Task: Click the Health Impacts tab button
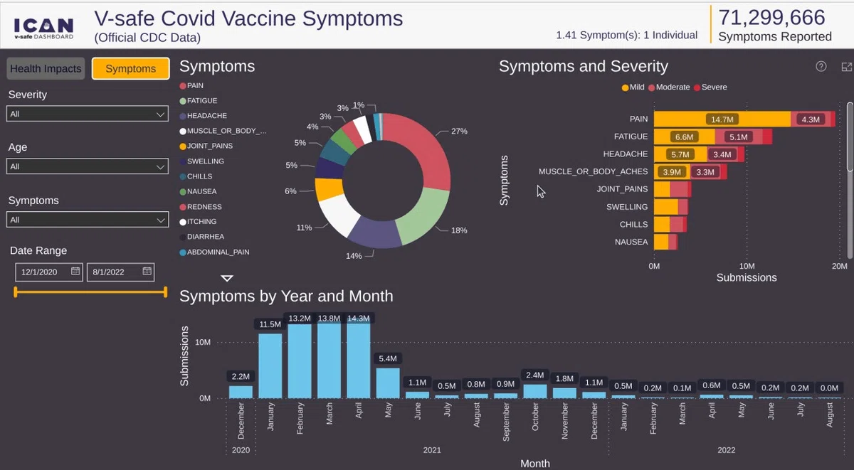46,68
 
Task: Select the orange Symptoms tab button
131,68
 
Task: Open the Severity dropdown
88,114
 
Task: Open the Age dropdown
88,166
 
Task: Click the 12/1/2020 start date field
49,272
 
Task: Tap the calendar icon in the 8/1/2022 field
147,271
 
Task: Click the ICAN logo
44,28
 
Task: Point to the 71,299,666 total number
771,18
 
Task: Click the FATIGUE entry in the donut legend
199,100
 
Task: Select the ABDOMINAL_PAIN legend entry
215,252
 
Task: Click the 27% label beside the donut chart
459,132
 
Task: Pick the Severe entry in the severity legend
711,87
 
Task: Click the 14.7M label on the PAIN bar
722,119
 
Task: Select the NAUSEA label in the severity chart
631,242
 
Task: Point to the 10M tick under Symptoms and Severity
747,266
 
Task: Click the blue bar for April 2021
359,360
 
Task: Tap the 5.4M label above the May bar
388,358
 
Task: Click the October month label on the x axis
535,417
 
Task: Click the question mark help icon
821,67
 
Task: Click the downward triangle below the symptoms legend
227,279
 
